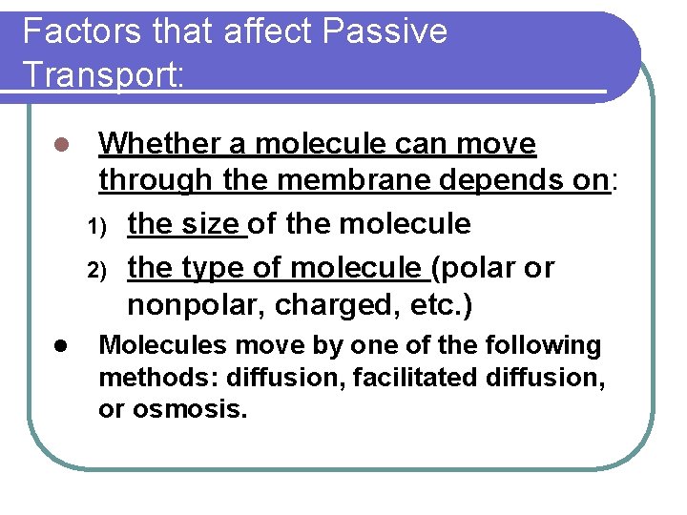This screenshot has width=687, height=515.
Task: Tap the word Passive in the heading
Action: click(385, 32)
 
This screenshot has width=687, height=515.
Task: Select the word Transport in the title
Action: click(100, 73)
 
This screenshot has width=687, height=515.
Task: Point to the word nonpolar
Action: click(186, 306)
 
